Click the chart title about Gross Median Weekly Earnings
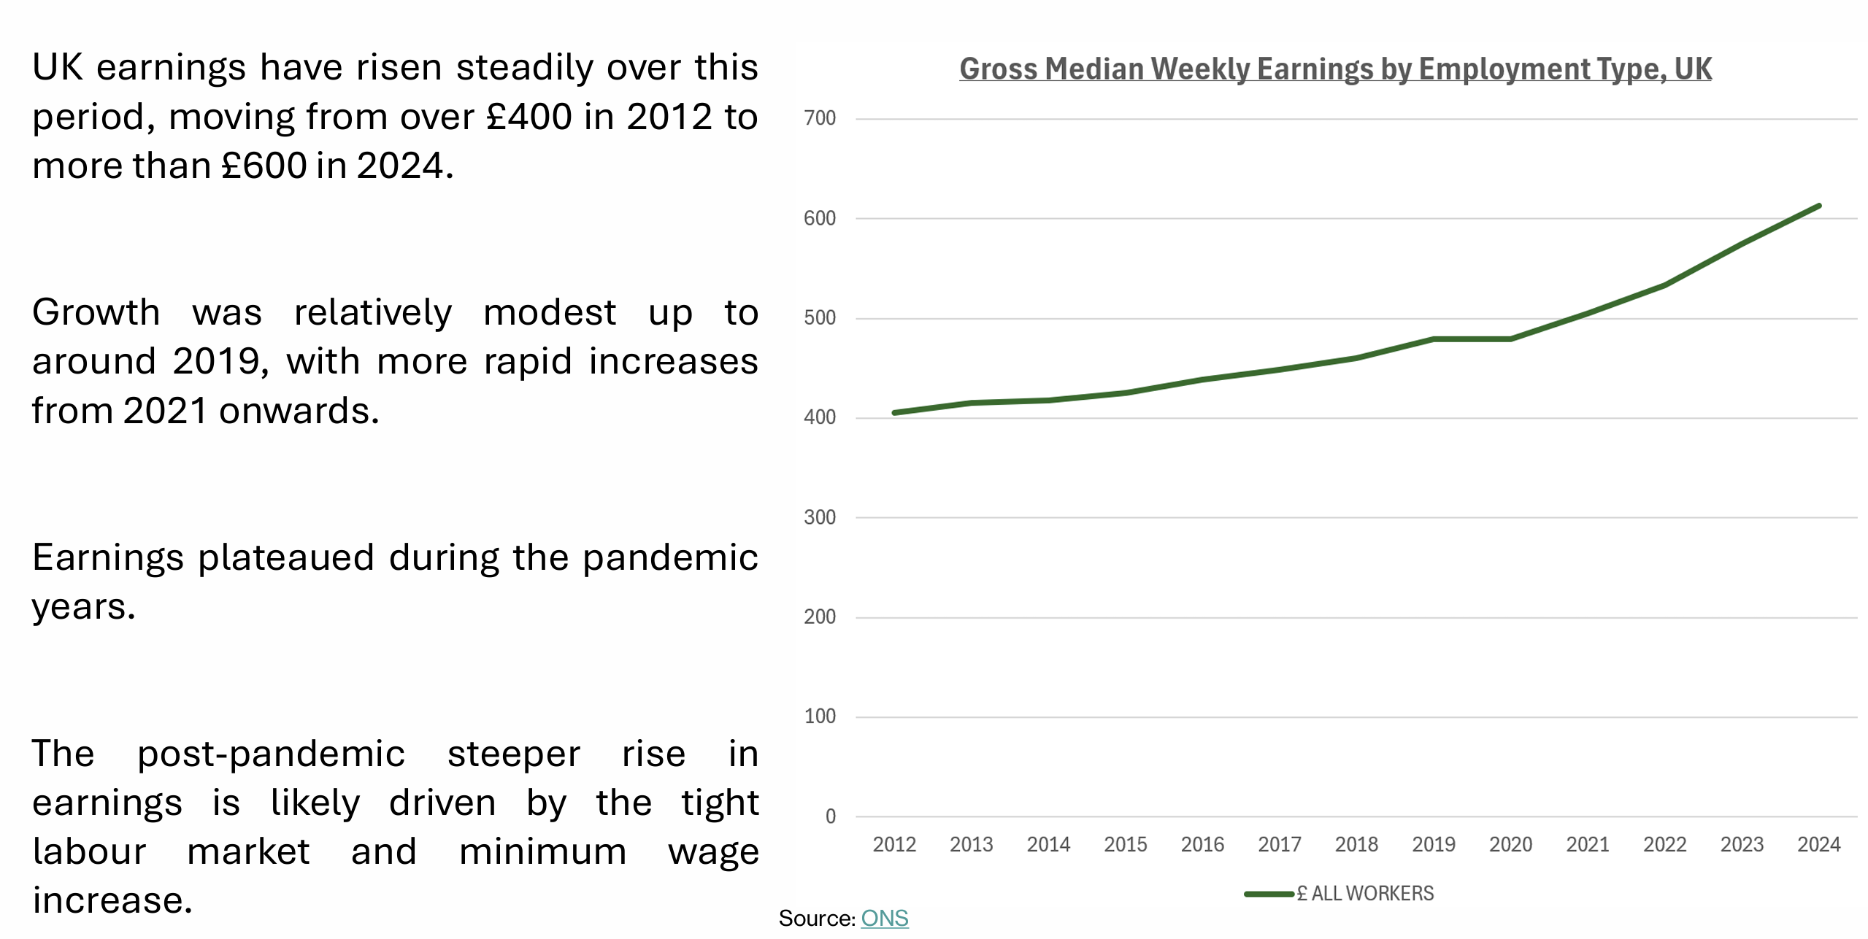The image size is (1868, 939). pos(1334,69)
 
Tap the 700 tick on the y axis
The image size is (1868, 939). pos(819,118)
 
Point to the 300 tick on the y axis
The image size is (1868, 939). pos(819,517)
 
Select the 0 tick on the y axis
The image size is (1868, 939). pos(830,816)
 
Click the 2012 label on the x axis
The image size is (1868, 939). pos(894,845)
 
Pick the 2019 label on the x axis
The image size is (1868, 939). pos(1433,845)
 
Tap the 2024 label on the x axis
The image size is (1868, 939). pos(1818,845)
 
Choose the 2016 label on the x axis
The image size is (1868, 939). pos(1202,845)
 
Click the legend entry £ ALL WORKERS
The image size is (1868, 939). pos(1364,894)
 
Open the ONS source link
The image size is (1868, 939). pos(884,919)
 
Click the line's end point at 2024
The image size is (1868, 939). pos(1818,206)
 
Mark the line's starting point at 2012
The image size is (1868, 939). pos(895,413)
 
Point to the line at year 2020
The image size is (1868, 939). pos(1510,339)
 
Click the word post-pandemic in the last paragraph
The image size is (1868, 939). pos(271,754)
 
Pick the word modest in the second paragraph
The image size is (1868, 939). pos(550,313)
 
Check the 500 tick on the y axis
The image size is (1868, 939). pos(819,318)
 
